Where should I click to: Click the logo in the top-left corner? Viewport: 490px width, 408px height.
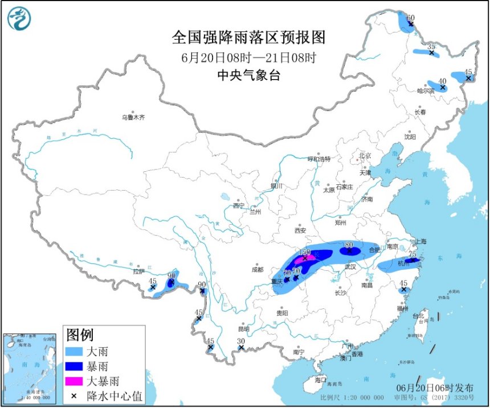click(18, 18)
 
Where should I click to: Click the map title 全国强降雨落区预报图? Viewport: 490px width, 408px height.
click(248, 38)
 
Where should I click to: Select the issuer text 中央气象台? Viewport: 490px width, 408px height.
click(248, 75)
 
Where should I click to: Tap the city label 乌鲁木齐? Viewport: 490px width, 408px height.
click(133, 118)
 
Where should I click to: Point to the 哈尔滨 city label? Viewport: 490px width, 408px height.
click(425, 91)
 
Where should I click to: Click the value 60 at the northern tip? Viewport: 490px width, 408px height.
click(410, 18)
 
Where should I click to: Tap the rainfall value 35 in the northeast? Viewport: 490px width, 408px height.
click(431, 46)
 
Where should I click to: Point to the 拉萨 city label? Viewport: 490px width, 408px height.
click(138, 271)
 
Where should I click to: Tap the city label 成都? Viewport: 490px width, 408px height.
click(257, 270)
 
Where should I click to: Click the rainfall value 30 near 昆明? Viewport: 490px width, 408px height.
click(241, 341)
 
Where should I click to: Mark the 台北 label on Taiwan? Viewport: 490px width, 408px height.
click(418, 315)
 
